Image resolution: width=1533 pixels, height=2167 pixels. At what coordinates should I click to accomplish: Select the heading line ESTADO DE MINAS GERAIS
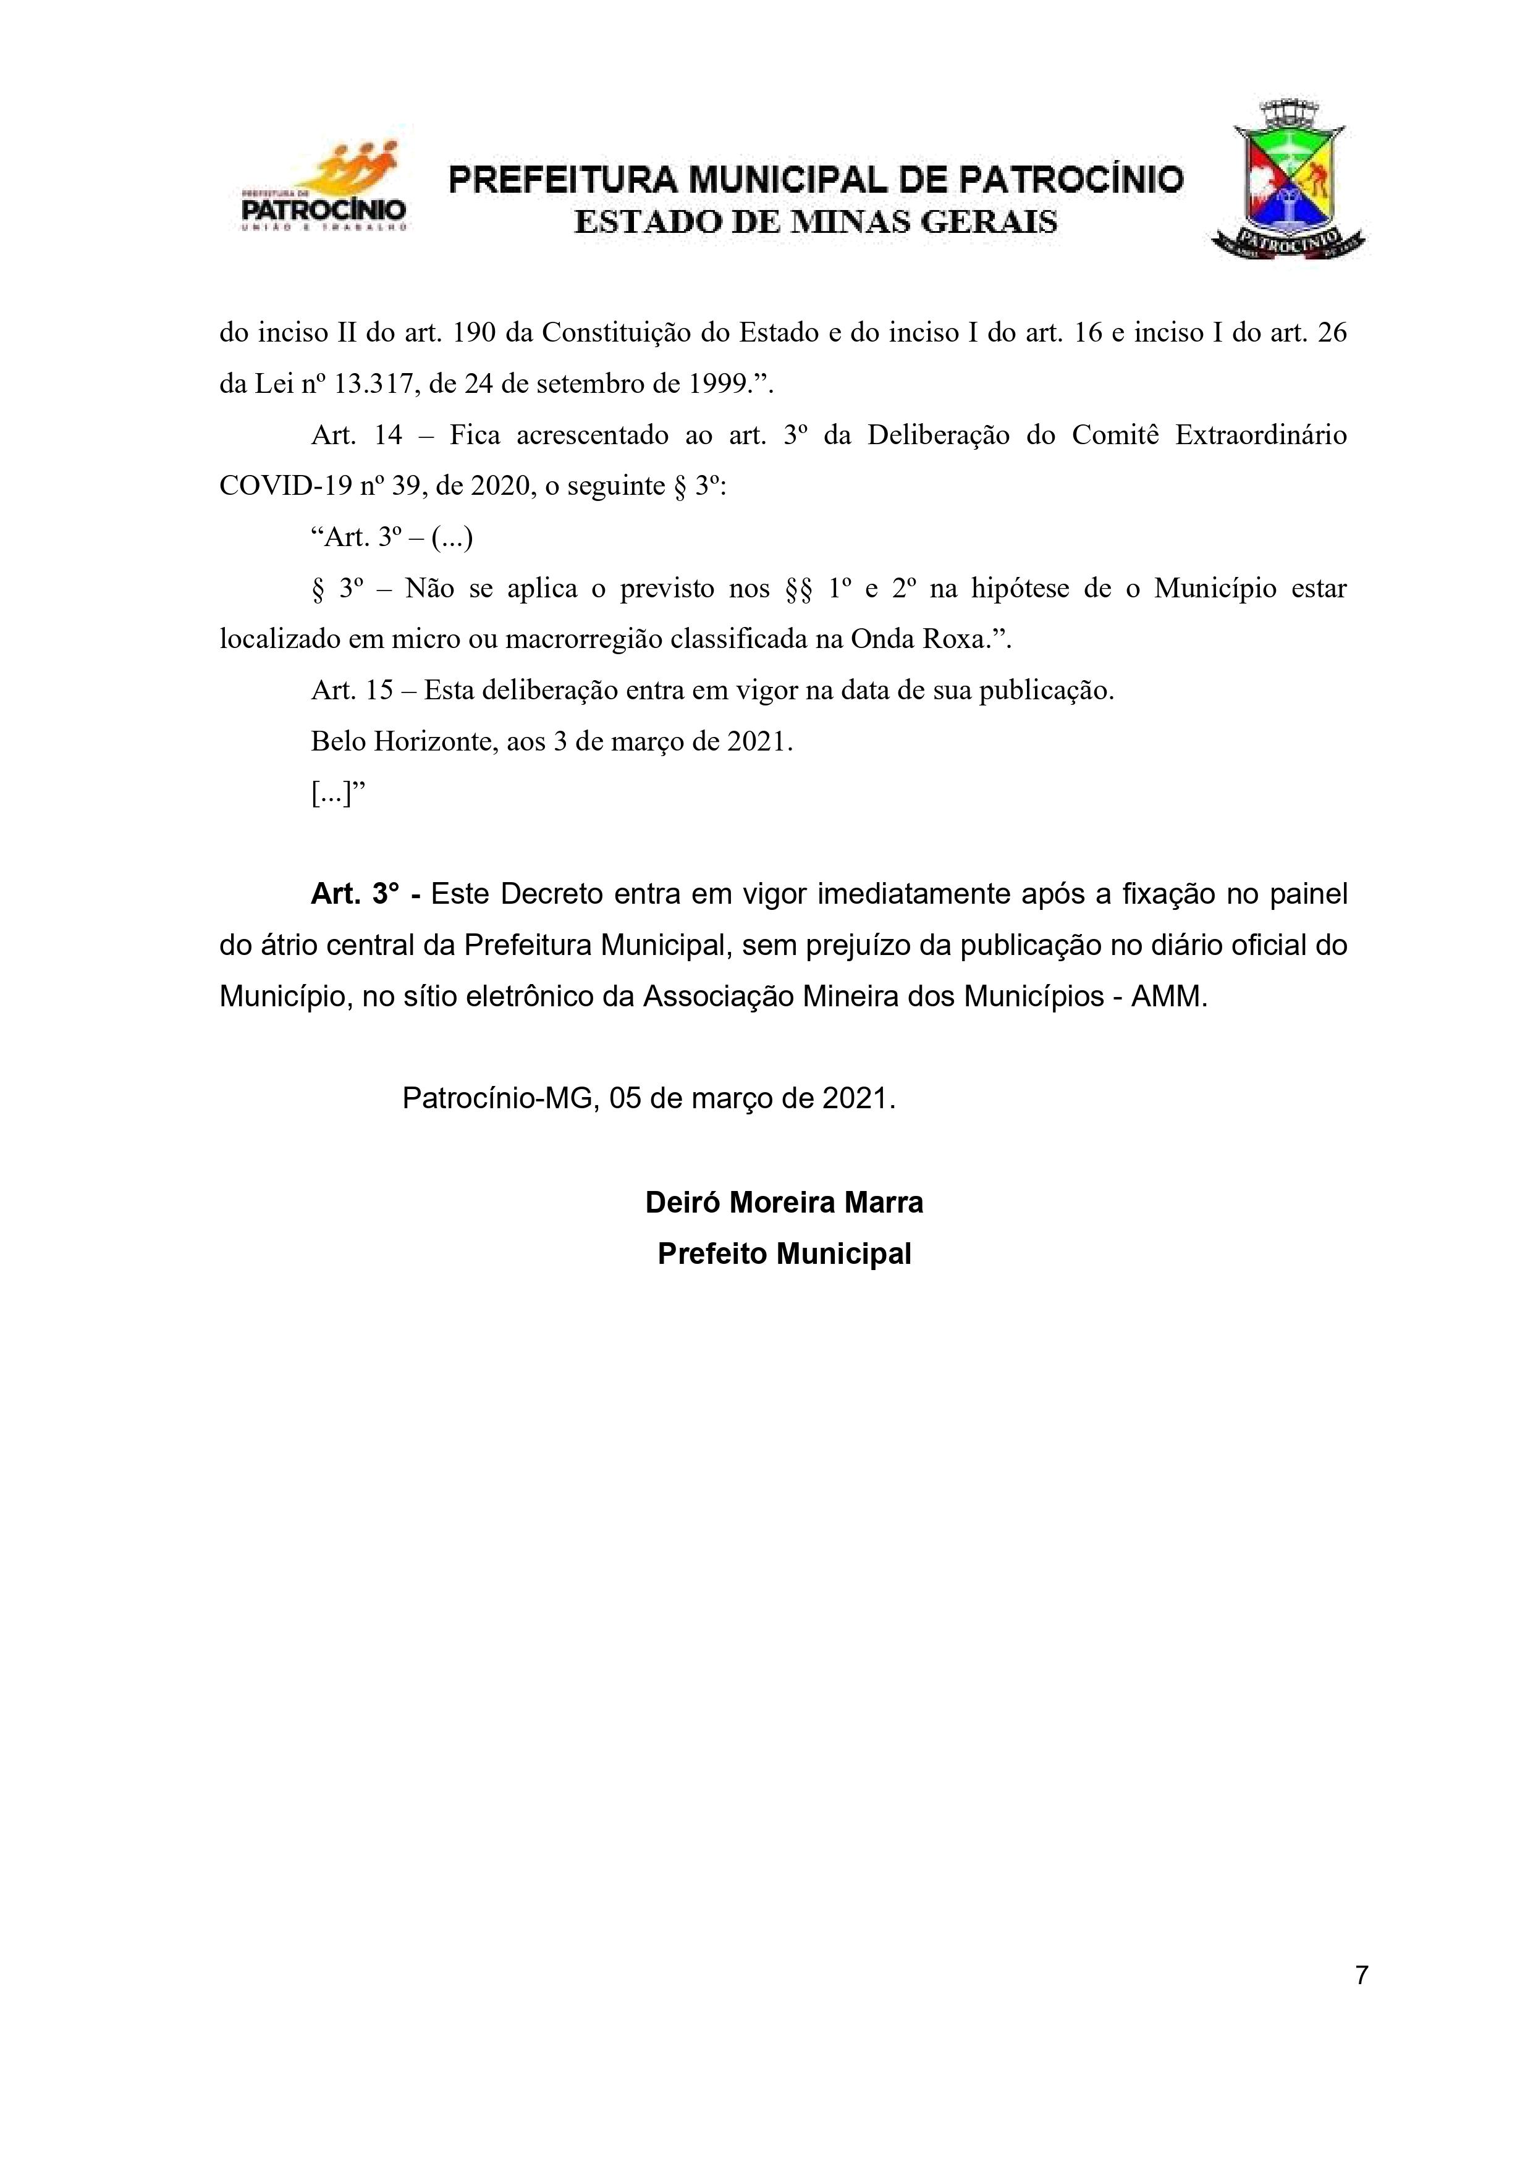[816, 223]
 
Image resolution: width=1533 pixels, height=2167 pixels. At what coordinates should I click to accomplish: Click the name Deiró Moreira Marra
[783, 1203]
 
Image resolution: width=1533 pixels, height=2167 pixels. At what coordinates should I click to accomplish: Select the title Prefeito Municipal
[783, 1255]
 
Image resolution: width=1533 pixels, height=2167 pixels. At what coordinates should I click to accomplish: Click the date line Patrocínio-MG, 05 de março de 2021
[649, 1098]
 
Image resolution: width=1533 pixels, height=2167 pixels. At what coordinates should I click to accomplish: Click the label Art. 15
[351, 691]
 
